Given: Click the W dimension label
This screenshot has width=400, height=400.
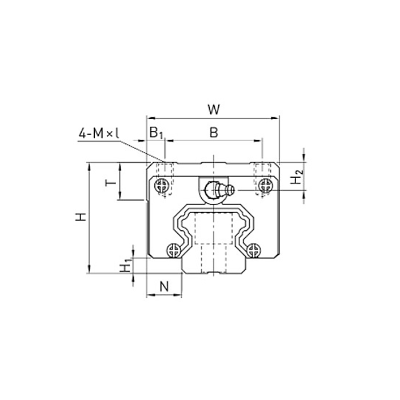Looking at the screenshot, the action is [x=214, y=110].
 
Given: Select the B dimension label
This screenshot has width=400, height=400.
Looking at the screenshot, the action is [x=214, y=133].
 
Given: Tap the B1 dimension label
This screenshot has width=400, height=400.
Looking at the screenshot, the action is [x=156, y=133].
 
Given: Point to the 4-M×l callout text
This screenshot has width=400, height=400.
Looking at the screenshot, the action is [x=99, y=133].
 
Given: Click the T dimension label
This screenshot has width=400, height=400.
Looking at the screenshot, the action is [x=110, y=183].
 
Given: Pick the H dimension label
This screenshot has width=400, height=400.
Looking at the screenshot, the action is [x=81, y=217].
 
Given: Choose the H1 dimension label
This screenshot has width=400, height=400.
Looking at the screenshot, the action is [x=126, y=265].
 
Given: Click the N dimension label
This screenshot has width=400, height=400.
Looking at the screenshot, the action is [x=165, y=286].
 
